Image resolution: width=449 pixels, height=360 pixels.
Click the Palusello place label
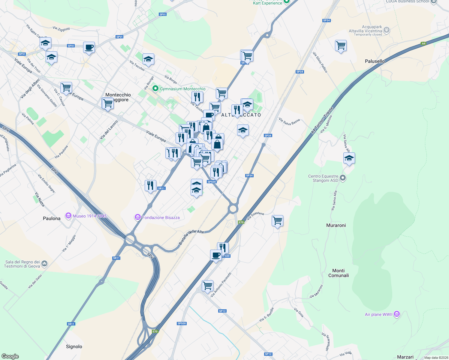pyautogui.click(x=375, y=61)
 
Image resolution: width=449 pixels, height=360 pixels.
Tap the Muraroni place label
pyautogui.click(x=336, y=225)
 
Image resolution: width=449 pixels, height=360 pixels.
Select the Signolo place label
pyautogui.click(x=74, y=346)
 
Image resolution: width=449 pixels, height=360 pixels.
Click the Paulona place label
pyautogui.click(x=52, y=218)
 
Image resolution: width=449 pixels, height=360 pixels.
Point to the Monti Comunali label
pyautogui.click(x=339, y=273)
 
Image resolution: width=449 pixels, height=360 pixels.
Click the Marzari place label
pyautogui.click(x=405, y=357)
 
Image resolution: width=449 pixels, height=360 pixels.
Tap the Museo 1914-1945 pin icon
pyautogui.click(x=68, y=216)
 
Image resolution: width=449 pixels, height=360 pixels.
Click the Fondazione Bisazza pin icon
pyautogui.click(x=138, y=217)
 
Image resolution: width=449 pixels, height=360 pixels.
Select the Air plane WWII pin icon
pyautogui.click(x=397, y=314)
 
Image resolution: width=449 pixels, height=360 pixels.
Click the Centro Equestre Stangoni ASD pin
pyautogui.click(x=343, y=178)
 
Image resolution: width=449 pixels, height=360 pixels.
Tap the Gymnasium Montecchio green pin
pyautogui.click(x=155, y=88)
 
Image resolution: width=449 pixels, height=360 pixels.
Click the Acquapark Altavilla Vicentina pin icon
pyautogui.click(x=387, y=30)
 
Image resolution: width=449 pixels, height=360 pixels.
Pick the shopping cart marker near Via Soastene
pyautogui.click(x=277, y=221)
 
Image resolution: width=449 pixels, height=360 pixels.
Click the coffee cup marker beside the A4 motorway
pyautogui.click(x=216, y=255)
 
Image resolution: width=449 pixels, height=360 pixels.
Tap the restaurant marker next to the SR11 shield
pyautogui.click(x=150, y=186)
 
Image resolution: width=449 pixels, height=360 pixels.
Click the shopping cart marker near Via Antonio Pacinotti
pyautogui.click(x=207, y=286)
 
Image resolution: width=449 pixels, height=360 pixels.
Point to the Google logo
pyautogui.click(x=10, y=356)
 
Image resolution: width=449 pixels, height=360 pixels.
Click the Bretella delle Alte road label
pyautogui.click(x=191, y=237)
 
